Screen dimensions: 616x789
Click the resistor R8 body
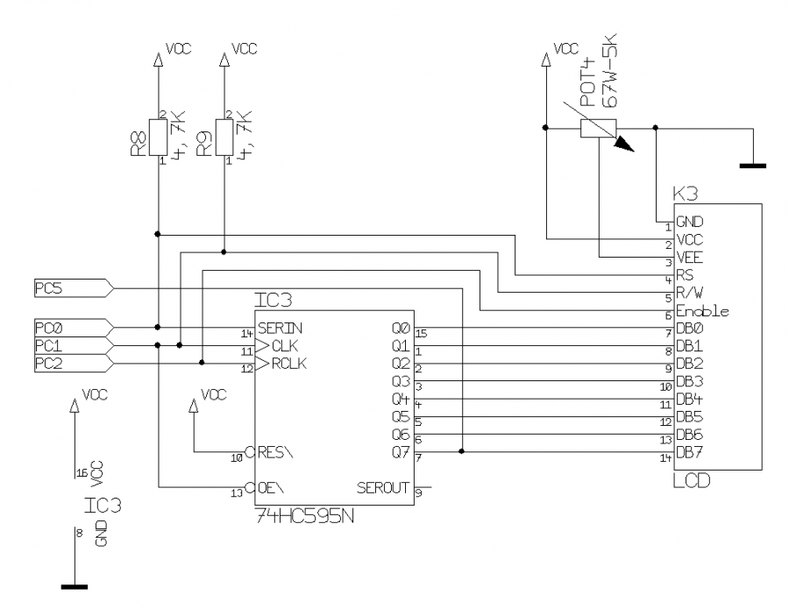click(159, 136)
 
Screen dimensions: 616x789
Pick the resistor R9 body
click(224, 136)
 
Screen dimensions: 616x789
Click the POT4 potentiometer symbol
click(600, 129)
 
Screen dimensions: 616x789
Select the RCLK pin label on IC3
click(288, 364)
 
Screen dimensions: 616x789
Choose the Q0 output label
click(402, 328)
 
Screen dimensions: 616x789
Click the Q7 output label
click(402, 452)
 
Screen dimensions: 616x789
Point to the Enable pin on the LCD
click(702, 311)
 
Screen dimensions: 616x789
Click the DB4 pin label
click(689, 399)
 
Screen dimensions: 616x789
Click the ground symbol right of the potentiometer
click(753, 163)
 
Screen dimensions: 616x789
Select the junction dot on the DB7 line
click(462, 452)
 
